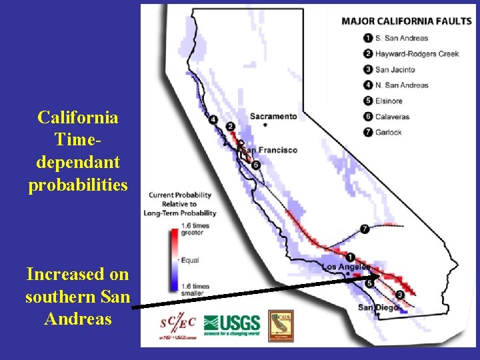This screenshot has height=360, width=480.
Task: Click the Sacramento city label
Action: click(x=273, y=116)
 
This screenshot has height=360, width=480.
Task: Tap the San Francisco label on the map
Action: click(x=268, y=150)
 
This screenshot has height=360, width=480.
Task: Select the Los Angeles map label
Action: click(x=346, y=267)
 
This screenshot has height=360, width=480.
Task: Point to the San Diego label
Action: click(x=378, y=307)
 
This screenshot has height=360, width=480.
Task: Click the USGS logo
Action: click(x=231, y=325)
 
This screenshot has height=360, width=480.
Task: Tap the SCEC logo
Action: click(x=177, y=325)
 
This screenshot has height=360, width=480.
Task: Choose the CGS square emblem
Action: click(x=281, y=325)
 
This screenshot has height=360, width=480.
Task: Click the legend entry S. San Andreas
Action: click(x=401, y=38)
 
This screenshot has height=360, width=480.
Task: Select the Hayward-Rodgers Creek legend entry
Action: click(x=417, y=54)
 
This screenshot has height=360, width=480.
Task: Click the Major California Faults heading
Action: click(x=406, y=21)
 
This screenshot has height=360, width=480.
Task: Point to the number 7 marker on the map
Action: click(x=365, y=229)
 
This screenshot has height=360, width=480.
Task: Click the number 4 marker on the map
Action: click(x=213, y=119)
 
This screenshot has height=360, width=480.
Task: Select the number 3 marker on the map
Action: click(x=399, y=294)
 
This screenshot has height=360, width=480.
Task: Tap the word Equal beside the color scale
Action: click(x=189, y=260)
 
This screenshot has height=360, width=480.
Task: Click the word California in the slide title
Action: click(x=78, y=118)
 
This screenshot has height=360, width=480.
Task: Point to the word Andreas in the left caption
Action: click(x=78, y=319)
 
